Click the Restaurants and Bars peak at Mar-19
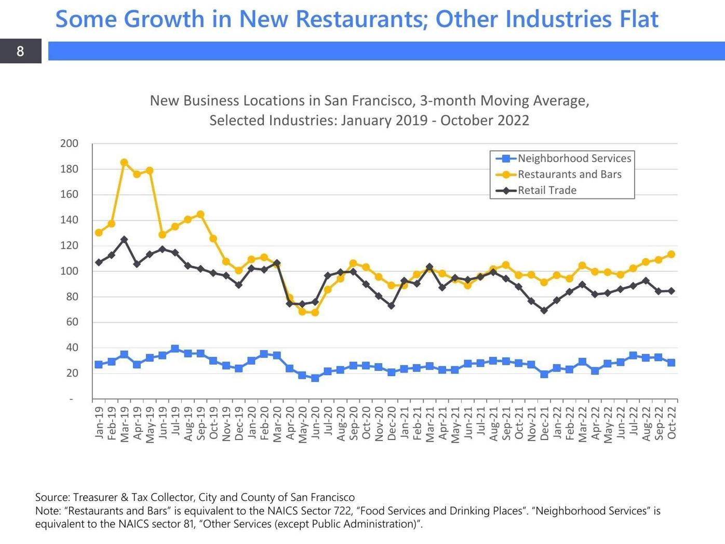[124, 163]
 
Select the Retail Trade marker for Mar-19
[124, 240]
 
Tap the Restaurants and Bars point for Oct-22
[671, 255]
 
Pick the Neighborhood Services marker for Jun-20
[315, 378]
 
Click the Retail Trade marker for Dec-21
[544, 311]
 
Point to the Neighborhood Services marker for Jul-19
[175, 349]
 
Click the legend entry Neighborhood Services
[574, 158]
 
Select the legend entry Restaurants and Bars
[569, 175]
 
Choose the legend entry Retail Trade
[547, 190]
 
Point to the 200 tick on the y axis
[69, 143]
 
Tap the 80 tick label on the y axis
[71, 297]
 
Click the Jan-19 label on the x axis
[99, 422]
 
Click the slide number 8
[20, 51]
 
